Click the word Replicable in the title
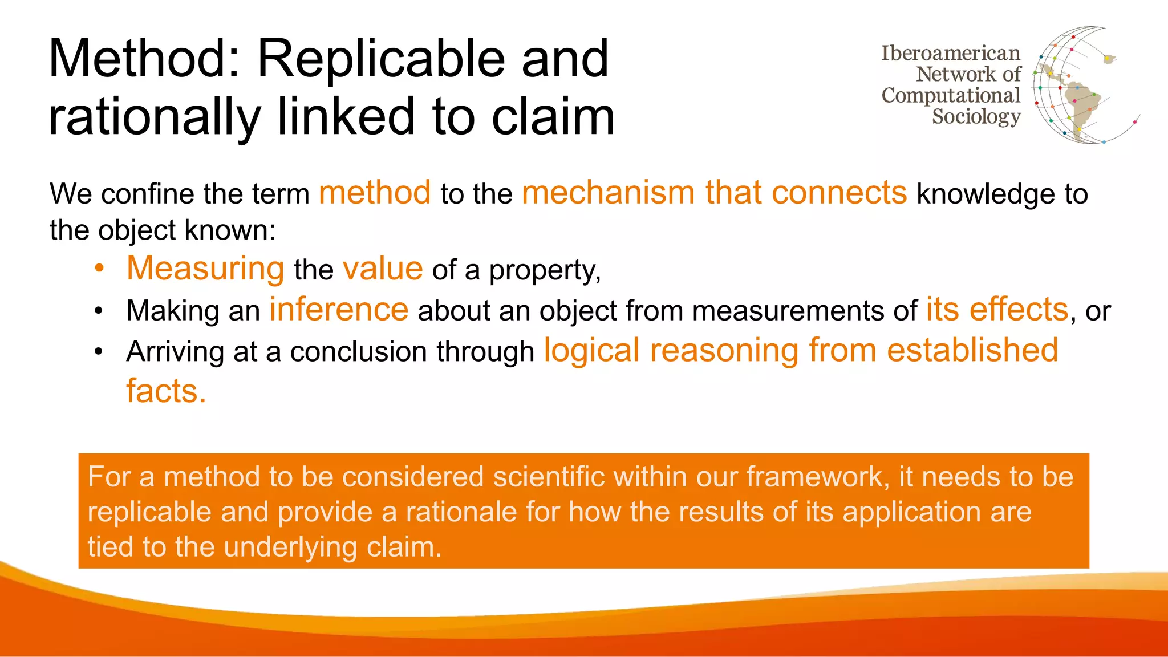(x=381, y=59)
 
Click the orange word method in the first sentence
(x=375, y=193)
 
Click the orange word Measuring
(x=205, y=269)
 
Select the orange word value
(x=383, y=269)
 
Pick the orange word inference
(x=339, y=310)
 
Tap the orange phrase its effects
(x=996, y=310)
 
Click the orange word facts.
(x=166, y=391)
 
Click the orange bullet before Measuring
(x=99, y=269)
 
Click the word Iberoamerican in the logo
(x=950, y=53)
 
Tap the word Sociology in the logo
(x=976, y=116)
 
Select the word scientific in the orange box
(x=549, y=477)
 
